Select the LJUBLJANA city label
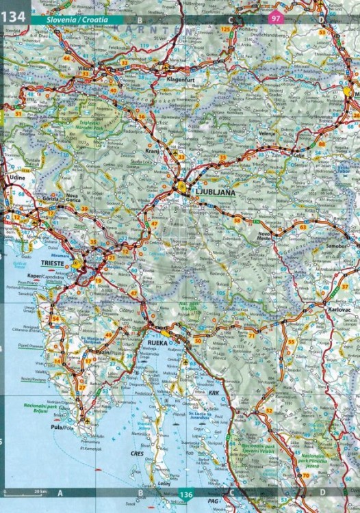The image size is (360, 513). click(x=215, y=194)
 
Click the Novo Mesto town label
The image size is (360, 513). click(x=264, y=235)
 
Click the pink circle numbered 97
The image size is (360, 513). click(x=276, y=19)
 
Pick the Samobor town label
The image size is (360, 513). click(x=337, y=244)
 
